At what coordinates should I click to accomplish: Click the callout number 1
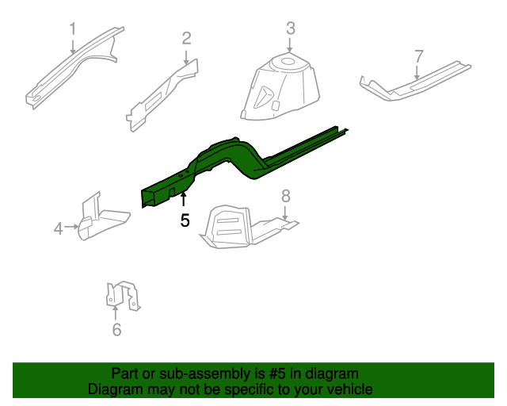(72, 29)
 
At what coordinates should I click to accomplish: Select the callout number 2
(186, 37)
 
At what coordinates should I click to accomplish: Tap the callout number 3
(290, 29)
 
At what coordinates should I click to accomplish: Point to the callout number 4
(59, 229)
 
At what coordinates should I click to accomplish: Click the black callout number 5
(185, 220)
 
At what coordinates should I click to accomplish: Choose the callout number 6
(116, 330)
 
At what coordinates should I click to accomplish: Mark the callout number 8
(286, 196)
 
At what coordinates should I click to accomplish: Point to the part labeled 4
(99, 218)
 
